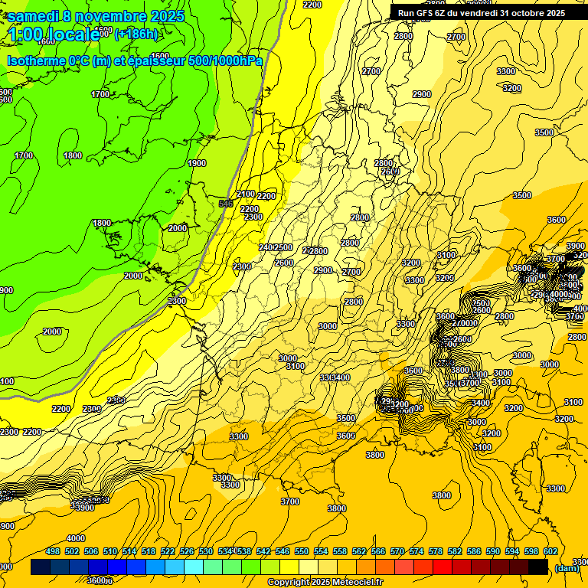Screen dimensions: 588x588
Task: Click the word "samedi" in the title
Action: click(34, 16)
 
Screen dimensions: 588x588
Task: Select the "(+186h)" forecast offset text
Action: click(136, 34)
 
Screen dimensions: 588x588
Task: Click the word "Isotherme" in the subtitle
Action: click(35, 61)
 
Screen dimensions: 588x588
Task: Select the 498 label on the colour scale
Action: click(53, 551)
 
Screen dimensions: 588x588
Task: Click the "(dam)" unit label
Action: click(567, 567)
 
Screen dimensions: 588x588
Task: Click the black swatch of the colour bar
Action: click(538, 567)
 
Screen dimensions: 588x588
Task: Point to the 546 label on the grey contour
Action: click(225, 203)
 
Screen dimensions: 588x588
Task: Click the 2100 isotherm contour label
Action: click(246, 194)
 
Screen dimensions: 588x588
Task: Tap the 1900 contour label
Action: click(197, 163)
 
